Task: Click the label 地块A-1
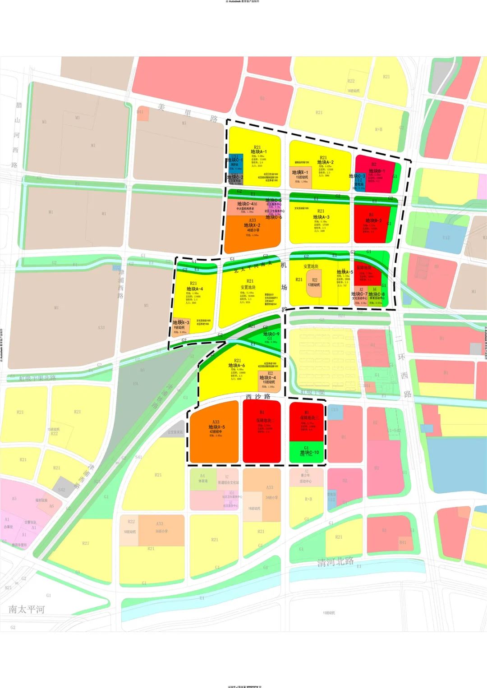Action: (258, 152)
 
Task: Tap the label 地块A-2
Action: (325, 162)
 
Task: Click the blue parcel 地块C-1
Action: (235, 161)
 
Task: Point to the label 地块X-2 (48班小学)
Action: (252, 225)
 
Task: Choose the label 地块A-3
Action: (321, 217)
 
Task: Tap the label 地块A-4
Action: (194, 289)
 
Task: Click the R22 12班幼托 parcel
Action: (314, 283)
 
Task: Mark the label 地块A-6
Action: (237, 366)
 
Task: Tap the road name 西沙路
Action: (258, 397)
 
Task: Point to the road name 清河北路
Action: (335, 562)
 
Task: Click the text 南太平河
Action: (27, 610)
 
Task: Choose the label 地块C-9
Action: (271, 335)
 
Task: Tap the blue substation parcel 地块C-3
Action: (359, 179)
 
